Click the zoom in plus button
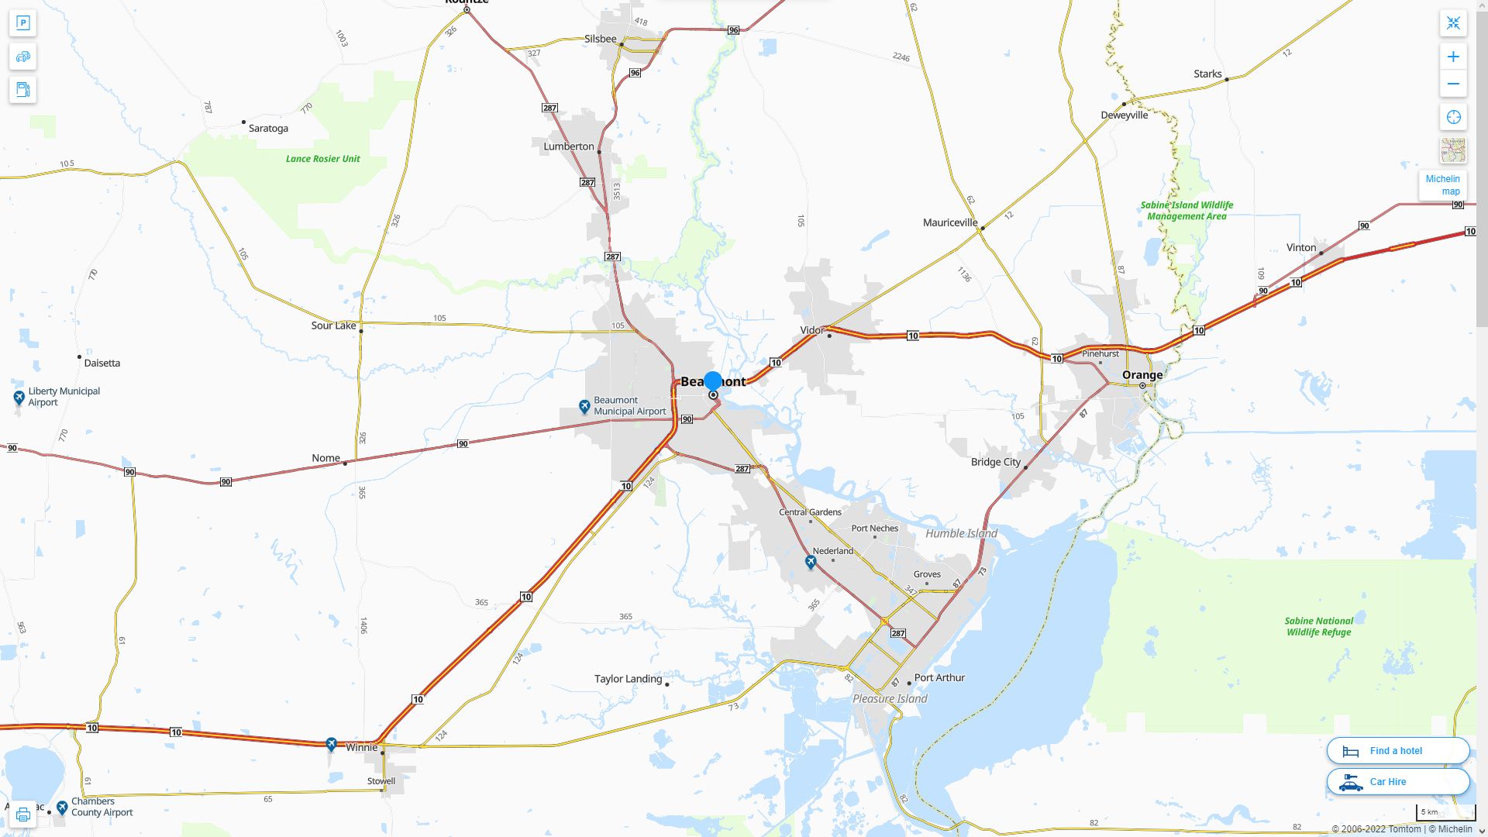point(1453,57)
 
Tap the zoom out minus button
point(1453,84)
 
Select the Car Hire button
point(1397,782)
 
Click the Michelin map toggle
point(1442,185)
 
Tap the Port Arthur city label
point(939,678)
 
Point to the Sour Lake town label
point(333,325)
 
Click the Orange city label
point(1142,375)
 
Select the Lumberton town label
point(569,146)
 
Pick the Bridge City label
point(996,462)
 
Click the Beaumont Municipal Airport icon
point(585,406)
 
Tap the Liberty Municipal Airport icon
point(19,398)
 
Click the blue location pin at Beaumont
point(713,381)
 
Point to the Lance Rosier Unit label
point(322,159)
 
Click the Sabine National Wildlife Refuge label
point(1318,627)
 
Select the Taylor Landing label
point(628,679)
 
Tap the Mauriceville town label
point(950,222)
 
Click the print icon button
point(23,815)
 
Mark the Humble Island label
point(961,534)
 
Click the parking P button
point(23,23)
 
